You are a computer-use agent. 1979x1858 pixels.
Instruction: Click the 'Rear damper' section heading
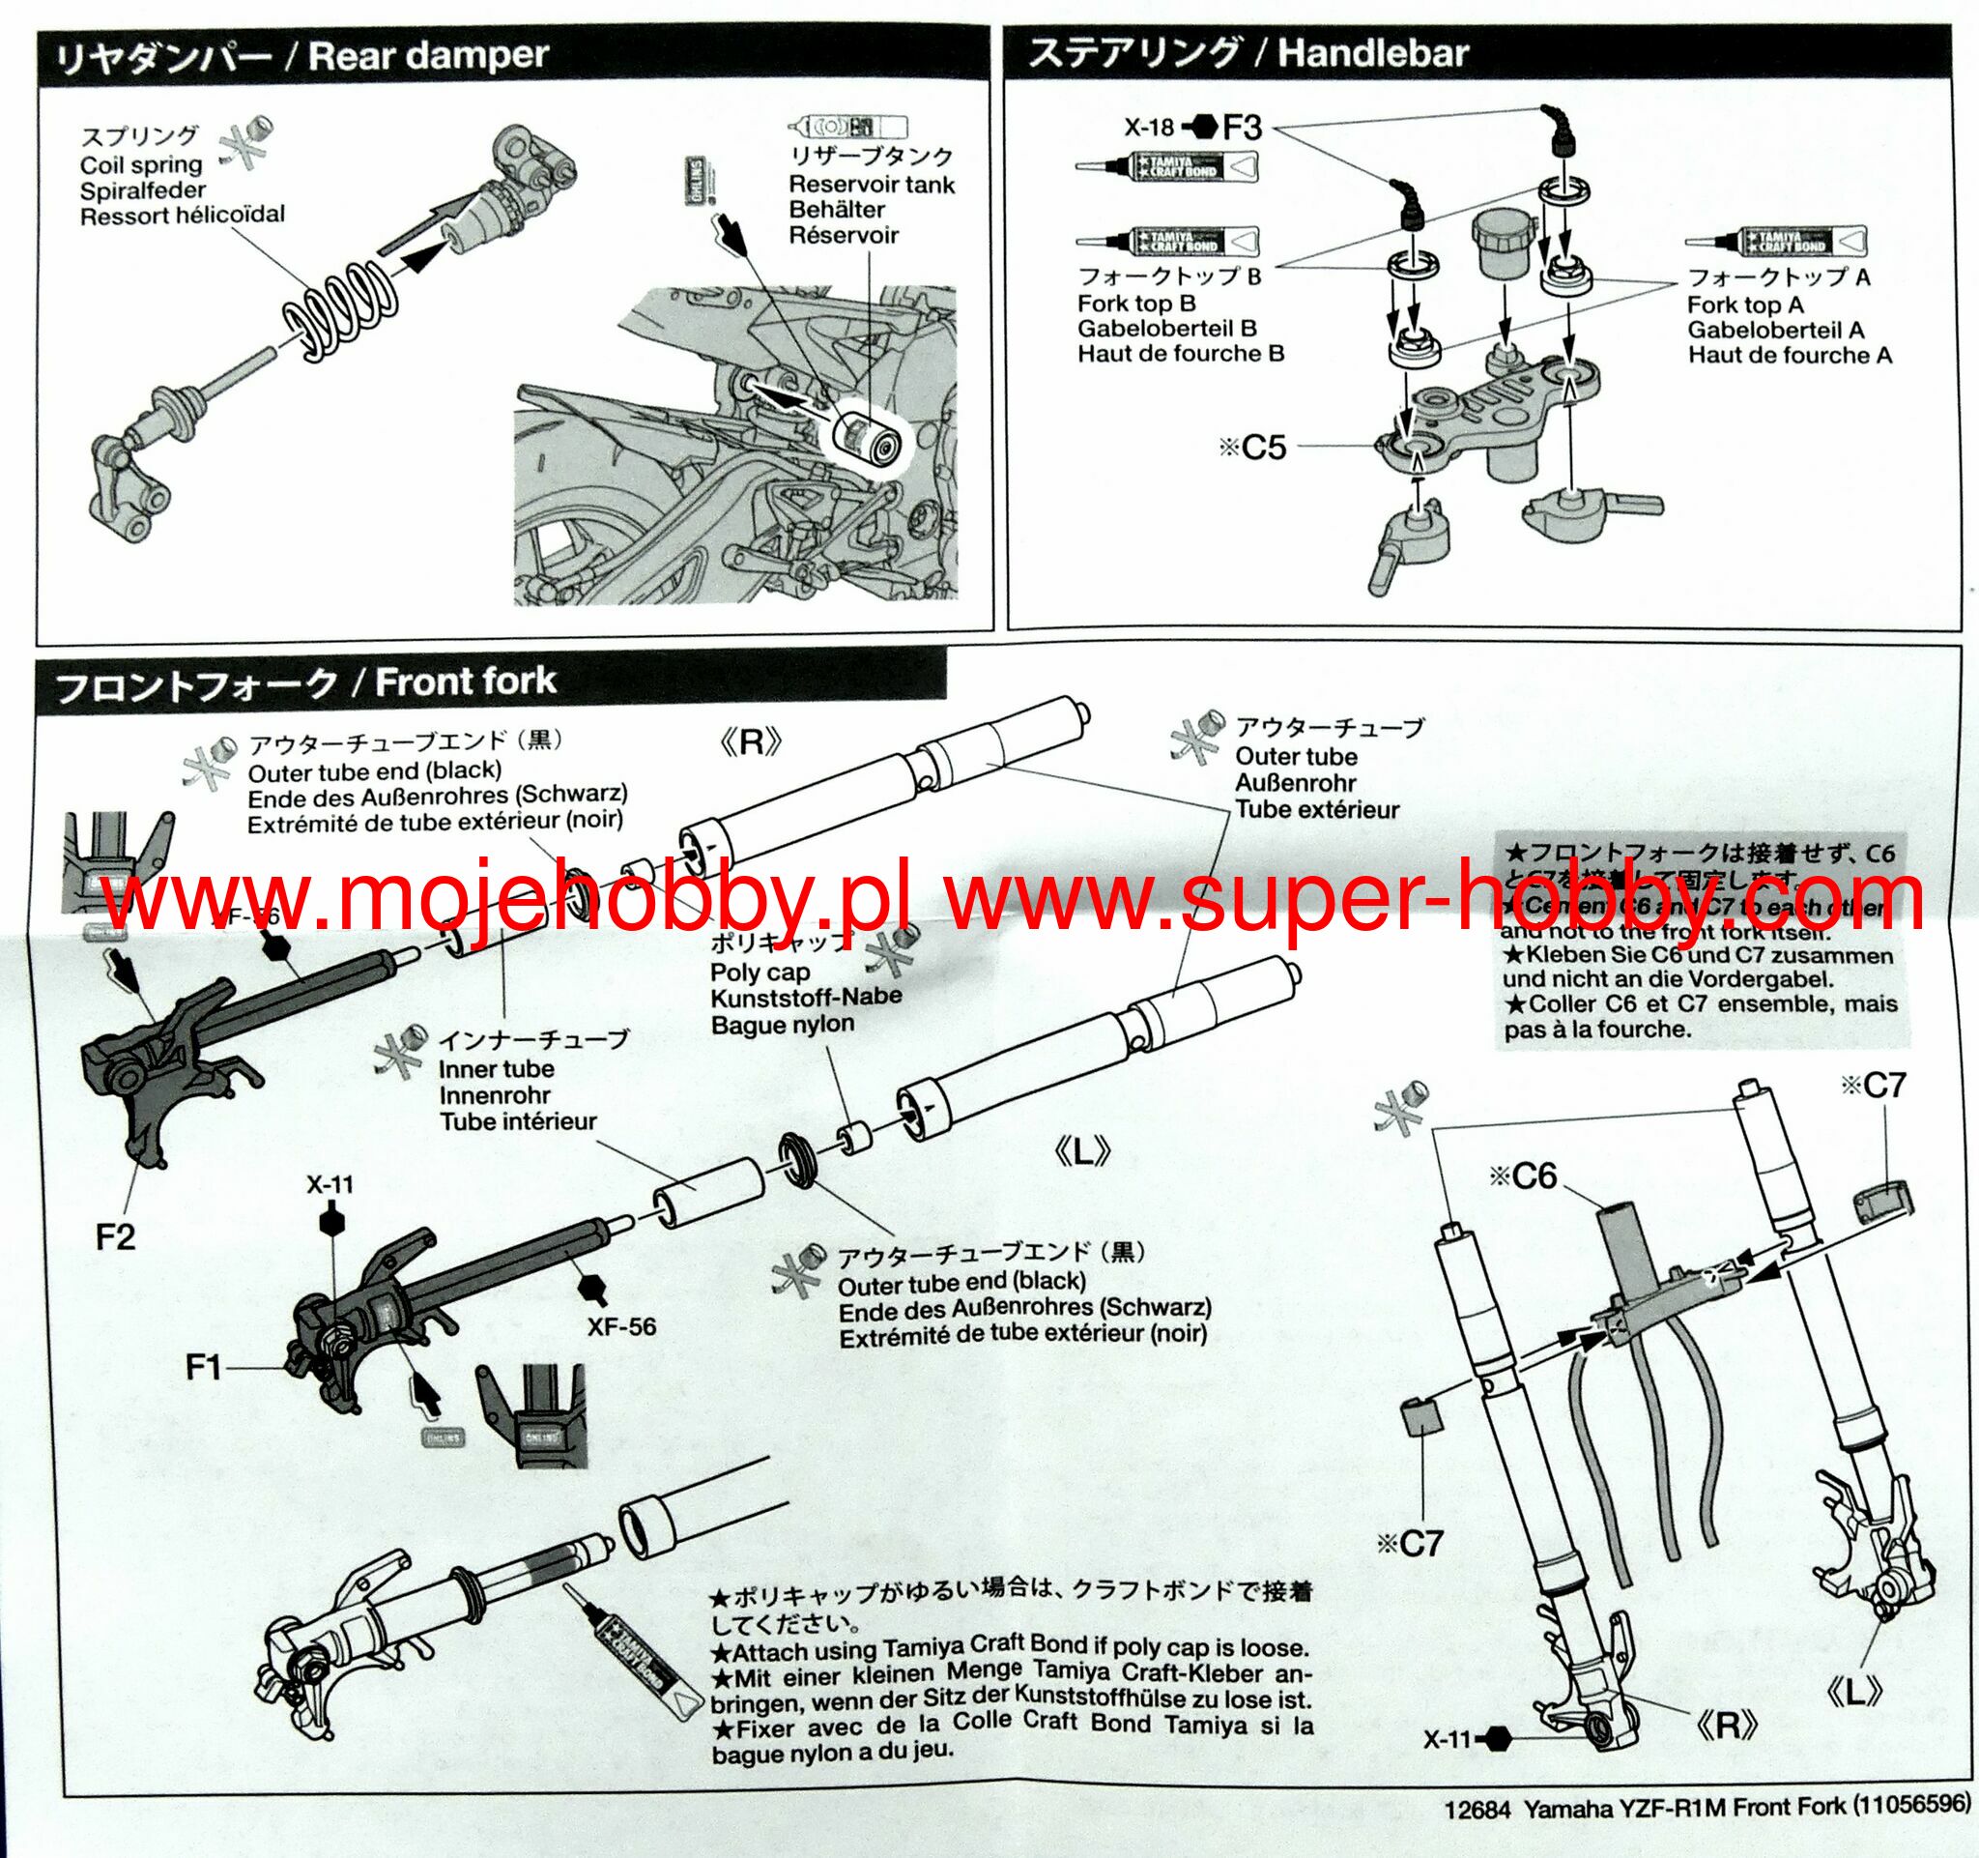428,56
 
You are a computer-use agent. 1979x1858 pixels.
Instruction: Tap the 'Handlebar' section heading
1373,53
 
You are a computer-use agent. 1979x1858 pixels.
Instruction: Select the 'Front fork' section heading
465,682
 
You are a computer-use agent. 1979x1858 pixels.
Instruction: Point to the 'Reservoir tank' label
871,186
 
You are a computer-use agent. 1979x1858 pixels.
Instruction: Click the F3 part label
1242,129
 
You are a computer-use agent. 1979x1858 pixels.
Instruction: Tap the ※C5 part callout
1253,447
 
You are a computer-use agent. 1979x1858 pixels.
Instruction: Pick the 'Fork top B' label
1135,304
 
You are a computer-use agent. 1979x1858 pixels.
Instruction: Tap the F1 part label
203,1368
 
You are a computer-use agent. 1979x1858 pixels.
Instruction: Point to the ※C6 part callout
1522,1176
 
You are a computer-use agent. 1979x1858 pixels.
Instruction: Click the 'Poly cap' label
760,971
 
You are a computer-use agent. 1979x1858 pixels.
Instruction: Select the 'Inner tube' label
496,1069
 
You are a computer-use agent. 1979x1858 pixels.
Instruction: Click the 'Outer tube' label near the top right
1295,757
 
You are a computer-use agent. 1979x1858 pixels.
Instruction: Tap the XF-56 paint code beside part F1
621,1326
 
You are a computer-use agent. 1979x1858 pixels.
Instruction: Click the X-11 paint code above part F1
330,1185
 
